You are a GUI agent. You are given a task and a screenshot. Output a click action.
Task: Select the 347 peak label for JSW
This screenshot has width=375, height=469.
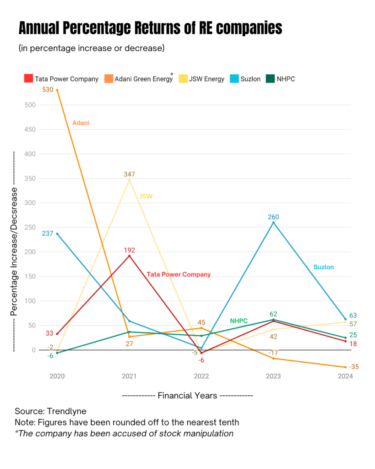pyautogui.click(x=129, y=174)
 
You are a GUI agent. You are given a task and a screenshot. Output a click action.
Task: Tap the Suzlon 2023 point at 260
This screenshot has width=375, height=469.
pyautogui.click(x=273, y=223)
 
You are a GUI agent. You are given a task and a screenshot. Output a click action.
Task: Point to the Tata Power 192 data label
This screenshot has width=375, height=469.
pyautogui.click(x=129, y=250)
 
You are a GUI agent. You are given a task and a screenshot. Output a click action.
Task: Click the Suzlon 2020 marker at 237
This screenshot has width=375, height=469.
pyautogui.click(x=57, y=234)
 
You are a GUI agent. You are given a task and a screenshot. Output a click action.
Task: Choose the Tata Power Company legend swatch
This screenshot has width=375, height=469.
pyautogui.click(x=28, y=79)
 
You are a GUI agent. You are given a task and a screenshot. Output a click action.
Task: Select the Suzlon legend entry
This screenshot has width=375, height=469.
pyautogui.click(x=250, y=79)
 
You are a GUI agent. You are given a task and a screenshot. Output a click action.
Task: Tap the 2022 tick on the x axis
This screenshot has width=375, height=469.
pyautogui.click(x=201, y=376)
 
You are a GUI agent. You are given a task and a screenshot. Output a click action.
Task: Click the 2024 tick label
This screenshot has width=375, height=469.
pyautogui.click(x=345, y=376)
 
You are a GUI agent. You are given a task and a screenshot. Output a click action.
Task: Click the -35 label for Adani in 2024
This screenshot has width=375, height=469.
pyautogui.click(x=353, y=367)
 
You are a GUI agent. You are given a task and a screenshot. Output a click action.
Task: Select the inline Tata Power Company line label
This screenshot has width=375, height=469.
pyautogui.click(x=179, y=274)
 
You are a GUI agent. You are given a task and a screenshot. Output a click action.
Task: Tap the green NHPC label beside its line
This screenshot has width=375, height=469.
pyautogui.click(x=239, y=321)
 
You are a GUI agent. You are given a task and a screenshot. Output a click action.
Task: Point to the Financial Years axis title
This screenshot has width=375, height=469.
pyautogui.click(x=187, y=395)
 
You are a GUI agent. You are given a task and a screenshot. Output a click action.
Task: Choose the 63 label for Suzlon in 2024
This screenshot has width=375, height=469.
pyautogui.click(x=353, y=316)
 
